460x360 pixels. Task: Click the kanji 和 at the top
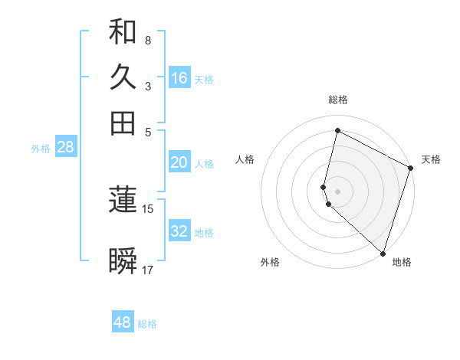[x=123, y=32]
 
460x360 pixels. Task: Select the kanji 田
[x=123, y=123]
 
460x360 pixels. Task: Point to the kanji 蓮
[x=123, y=200]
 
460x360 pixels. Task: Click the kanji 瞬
[x=123, y=261]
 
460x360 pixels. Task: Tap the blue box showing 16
[x=179, y=78]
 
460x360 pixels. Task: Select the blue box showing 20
[x=179, y=162]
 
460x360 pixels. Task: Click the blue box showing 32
[x=179, y=231]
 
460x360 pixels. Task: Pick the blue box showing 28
[x=65, y=148]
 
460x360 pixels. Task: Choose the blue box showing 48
[x=123, y=322]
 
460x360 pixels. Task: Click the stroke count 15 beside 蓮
[x=148, y=208]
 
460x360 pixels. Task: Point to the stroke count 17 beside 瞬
[x=148, y=270]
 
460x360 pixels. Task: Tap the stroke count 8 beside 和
[x=148, y=40]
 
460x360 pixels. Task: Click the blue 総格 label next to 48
[x=148, y=324]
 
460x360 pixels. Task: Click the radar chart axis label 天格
[x=431, y=159]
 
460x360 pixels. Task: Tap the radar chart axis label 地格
[x=402, y=262]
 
